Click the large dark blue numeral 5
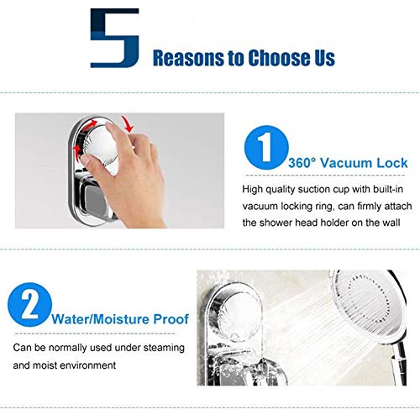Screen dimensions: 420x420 (115, 38)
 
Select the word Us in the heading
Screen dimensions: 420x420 (325, 58)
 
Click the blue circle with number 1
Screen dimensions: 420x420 (266, 147)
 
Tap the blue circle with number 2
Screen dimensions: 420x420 (29, 305)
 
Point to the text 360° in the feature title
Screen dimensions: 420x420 (302, 163)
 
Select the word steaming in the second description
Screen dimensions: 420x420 (164, 348)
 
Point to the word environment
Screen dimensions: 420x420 (88, 365)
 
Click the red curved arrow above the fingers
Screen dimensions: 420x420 (128, 123)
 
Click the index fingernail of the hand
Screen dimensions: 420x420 (86, 160)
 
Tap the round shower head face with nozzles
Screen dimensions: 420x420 (367, 304)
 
